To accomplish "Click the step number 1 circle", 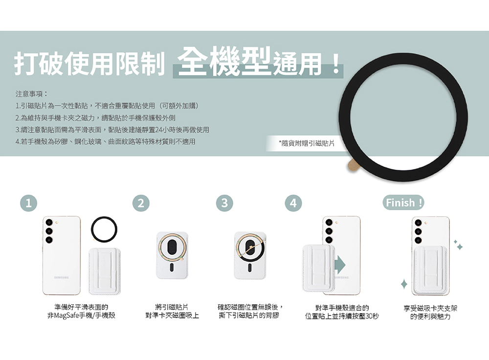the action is point(28,203).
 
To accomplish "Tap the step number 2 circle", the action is point(141,203).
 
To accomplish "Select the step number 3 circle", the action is point(224,203).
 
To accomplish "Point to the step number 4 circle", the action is point(293,203).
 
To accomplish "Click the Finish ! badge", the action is point(403,203).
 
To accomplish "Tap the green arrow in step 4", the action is point(340,265).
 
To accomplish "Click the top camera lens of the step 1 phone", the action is point(49,222).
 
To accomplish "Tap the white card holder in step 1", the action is point(105,271).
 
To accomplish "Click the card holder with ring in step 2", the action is point(172,255).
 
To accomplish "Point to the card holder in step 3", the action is point(250,255).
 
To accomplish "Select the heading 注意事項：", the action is point(31,93).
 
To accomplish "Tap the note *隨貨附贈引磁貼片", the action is point(307,143).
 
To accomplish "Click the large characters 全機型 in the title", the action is point(224,61).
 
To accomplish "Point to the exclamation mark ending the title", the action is point(336,64).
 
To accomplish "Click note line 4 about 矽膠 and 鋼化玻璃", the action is point(106,142).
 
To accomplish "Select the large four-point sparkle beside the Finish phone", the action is point(404,284).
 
